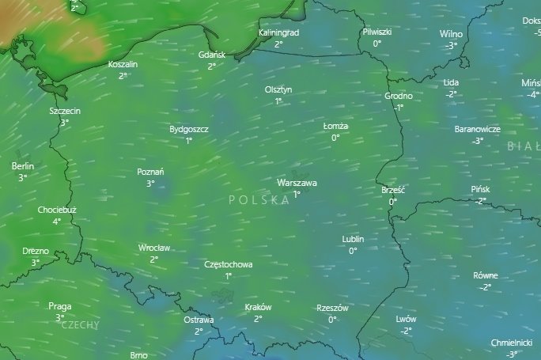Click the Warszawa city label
(297, 183)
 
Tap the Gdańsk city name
(212, 55)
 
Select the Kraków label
(258, 308)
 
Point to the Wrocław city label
(153, 248)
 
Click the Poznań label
(150, 172)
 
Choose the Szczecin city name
(64, 112)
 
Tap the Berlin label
(23, 167)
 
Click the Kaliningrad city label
(278, 33)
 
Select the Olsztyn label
(278, 90)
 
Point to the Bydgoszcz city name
(188, 129)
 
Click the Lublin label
(353, 239)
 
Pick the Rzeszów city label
(332, 308)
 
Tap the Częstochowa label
(228, 265)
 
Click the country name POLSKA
(259, 201)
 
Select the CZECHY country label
(80, 325)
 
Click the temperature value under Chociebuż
(57, 222)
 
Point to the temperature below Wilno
(451, 46)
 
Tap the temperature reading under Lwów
(406, 331)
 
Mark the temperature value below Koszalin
(123, 76)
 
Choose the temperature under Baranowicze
(477, 141)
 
